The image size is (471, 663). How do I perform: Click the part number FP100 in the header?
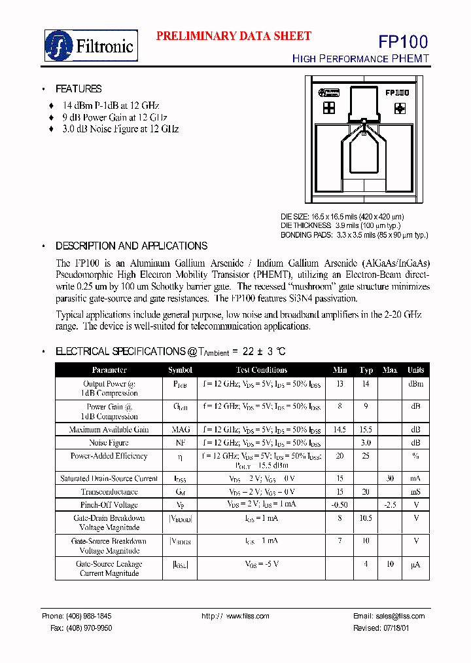coord(403,42)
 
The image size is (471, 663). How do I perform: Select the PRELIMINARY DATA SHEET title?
coord(234,36)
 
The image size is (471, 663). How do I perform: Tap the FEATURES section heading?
coord(78,89)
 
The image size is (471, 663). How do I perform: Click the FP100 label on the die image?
coord(396,94)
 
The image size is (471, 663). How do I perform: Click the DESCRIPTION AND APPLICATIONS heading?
coord(131,246)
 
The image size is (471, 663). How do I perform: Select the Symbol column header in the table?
coord(180,370)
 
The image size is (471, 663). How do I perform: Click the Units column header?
coord(415,370)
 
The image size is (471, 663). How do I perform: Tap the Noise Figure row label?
coord(109,443)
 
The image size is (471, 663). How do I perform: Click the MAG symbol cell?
coord(180,430)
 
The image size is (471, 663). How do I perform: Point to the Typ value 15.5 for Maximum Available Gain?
coord(366,430)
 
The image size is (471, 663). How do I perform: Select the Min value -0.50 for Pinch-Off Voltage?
coord(340,505)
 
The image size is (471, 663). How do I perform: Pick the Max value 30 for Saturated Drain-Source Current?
coord(390,478)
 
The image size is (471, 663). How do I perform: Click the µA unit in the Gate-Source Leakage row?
coord(415,564)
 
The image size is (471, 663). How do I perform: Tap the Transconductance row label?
coord(109,492)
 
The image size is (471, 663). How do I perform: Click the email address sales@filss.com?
coord(389,616)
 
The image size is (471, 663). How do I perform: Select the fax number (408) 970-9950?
coord(89,628)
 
